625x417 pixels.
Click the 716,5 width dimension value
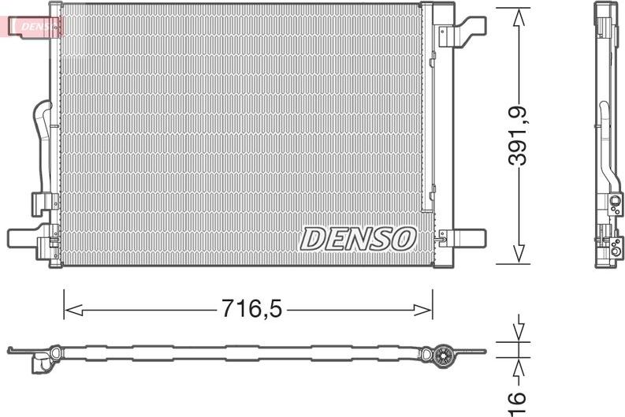251,308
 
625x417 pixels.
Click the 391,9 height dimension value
518,136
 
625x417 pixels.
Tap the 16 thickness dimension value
517,404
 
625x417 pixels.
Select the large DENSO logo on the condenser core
358,239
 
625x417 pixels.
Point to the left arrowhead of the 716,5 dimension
73,310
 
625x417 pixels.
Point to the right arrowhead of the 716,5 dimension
423,310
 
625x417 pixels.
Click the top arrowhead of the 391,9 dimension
519,18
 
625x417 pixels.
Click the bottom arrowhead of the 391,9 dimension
519,254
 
